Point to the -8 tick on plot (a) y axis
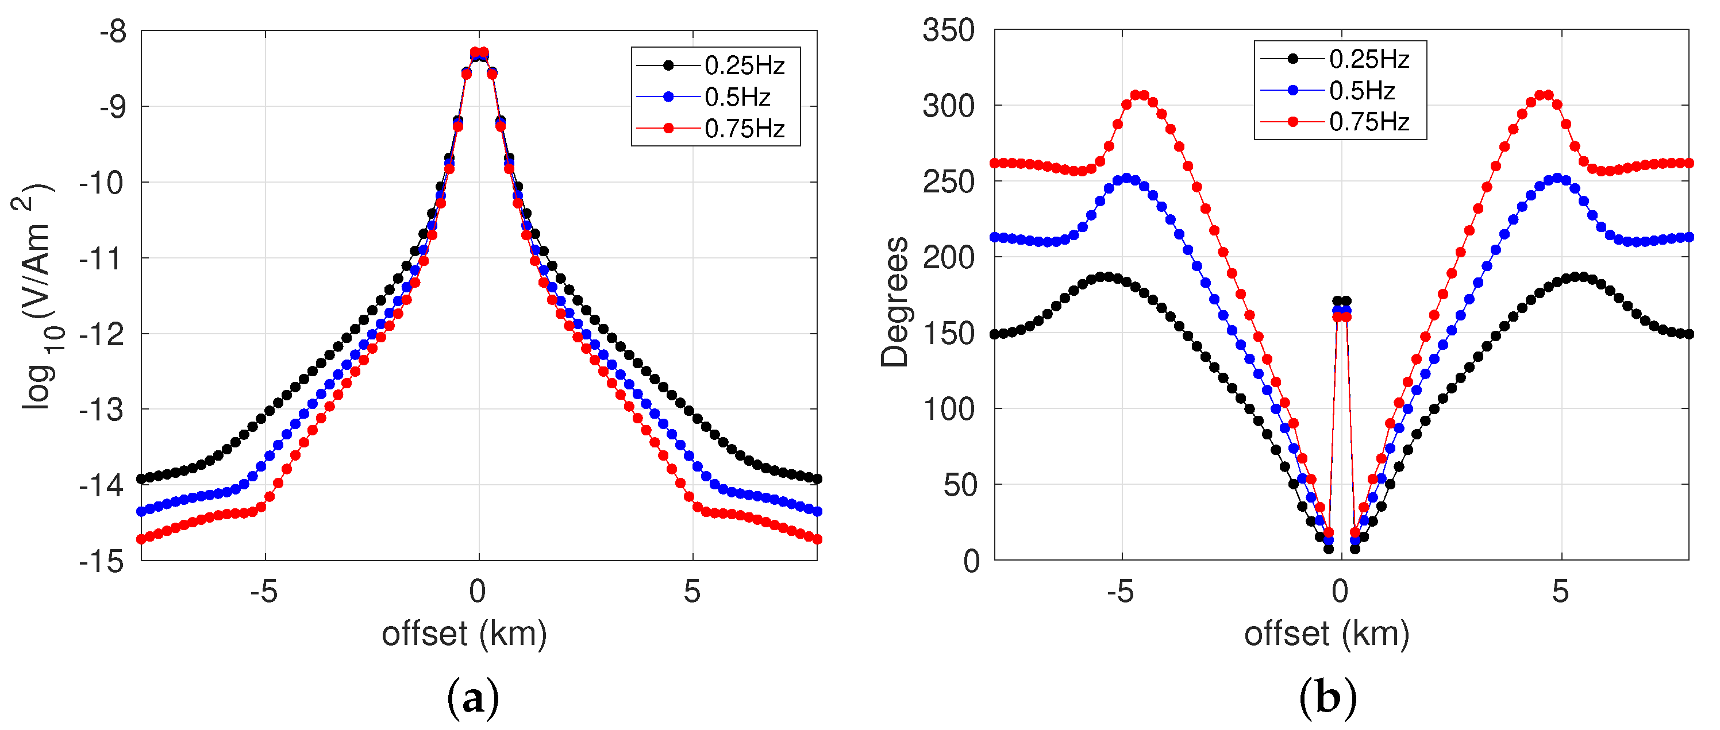113,32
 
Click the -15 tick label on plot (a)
102,561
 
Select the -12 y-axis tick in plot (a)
102,334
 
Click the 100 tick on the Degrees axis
948,409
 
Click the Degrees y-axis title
895,302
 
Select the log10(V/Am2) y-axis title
33,297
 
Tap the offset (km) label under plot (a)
464,634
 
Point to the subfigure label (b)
1327,698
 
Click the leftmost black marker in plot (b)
994,334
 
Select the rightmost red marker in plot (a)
817,539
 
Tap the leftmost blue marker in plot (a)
141,512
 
